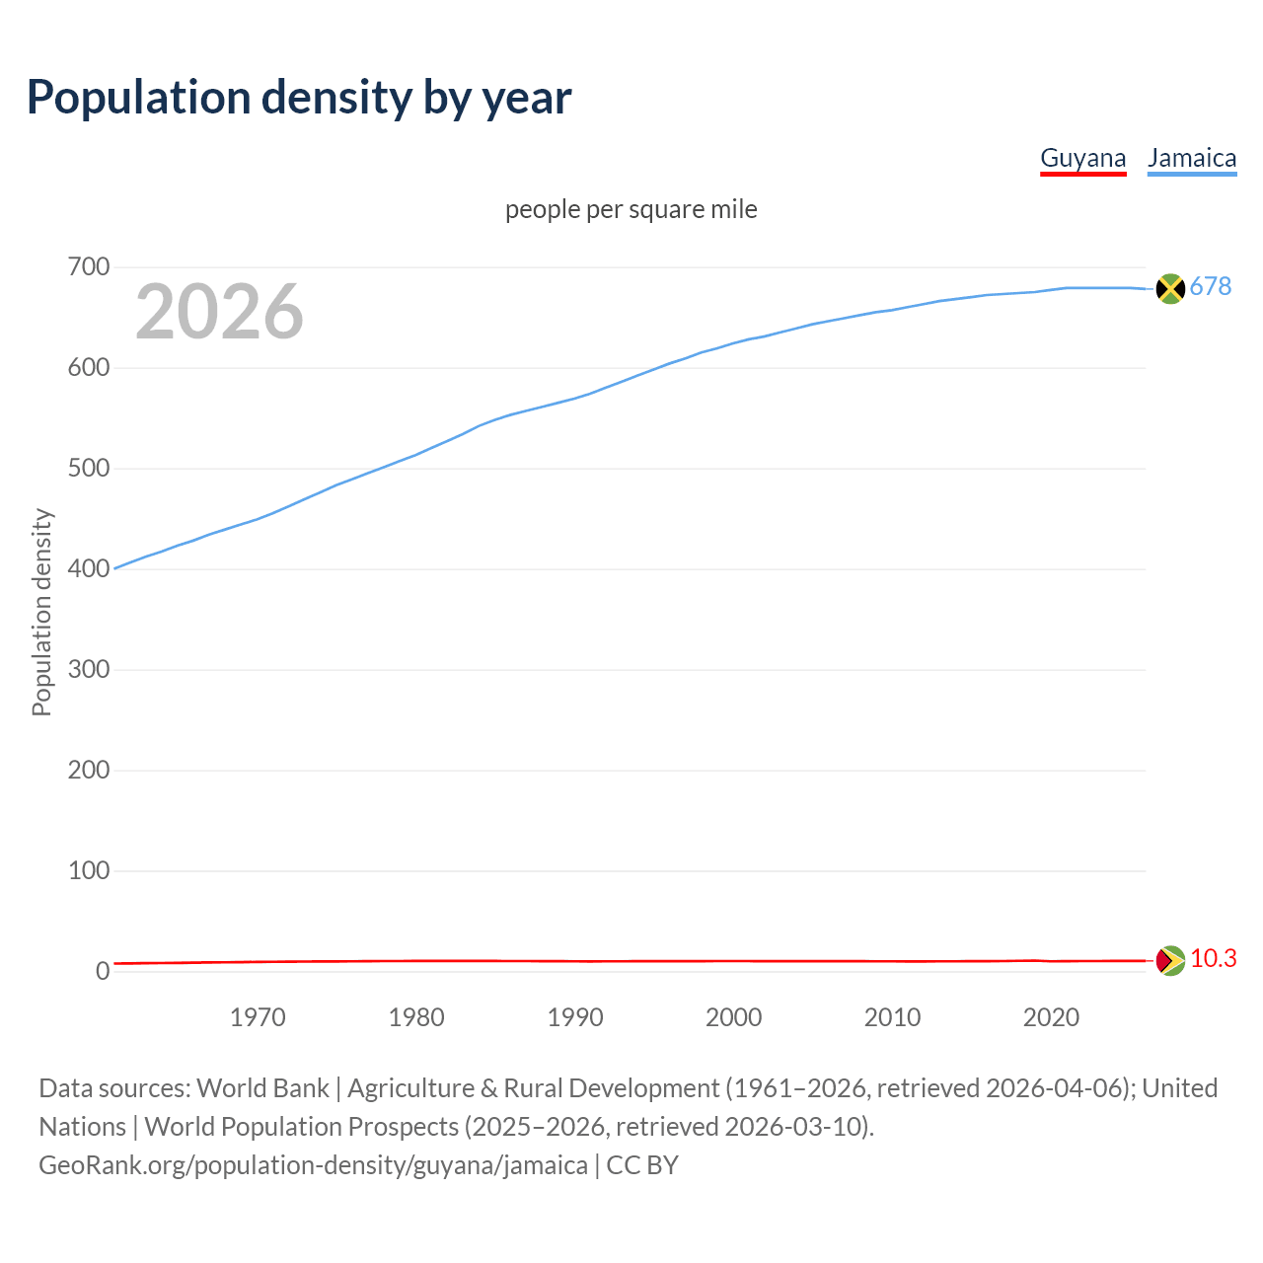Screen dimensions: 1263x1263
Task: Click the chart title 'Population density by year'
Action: tap(299, 98)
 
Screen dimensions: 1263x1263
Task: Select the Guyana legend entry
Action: tap(1082, 159)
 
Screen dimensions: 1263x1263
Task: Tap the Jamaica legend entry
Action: tap(1192, 159)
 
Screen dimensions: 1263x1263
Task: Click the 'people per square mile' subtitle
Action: tap(631, 210)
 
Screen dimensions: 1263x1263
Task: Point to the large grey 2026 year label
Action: tap(219, 312)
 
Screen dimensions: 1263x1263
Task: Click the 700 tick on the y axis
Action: tap(88, 267)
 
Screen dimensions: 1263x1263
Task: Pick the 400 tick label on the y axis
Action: tap(88, 569)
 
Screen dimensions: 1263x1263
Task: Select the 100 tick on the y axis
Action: tap(88, 871)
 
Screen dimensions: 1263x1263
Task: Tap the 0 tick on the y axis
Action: tap(102, 972)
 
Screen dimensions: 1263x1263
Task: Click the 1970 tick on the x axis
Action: tap(258, 1017)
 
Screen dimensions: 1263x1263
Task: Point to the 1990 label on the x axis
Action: tap(575, 1017)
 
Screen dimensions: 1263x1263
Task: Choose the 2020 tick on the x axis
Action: tap(1051, 1017)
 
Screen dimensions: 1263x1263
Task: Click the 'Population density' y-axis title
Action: tap(41, 612)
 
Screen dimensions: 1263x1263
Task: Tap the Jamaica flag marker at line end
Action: tap(1169, 288)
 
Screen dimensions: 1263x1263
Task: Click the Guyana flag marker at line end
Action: tap(1169, 960)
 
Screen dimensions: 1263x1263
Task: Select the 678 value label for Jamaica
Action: tap(1211, 287)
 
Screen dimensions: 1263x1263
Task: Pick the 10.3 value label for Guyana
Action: tap(1213, 959)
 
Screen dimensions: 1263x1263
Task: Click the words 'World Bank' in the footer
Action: tap(262, 1088)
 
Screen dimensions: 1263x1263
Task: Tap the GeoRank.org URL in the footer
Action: tap(313, 1165)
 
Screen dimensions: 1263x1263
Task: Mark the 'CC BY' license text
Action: tap(642, 1165)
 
